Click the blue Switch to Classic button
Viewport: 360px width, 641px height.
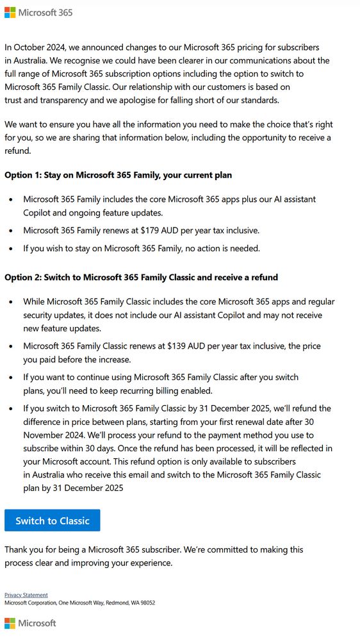coord(53,520)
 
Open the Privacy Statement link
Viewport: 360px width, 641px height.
coord(26,595)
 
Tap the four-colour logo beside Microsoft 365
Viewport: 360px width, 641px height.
coord(10,13)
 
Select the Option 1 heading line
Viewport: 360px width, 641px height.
coord(118,175)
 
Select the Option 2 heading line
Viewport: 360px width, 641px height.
coord(141,278)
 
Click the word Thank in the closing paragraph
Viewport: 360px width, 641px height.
coord(17,549)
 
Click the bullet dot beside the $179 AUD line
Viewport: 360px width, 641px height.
coord(10,230)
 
